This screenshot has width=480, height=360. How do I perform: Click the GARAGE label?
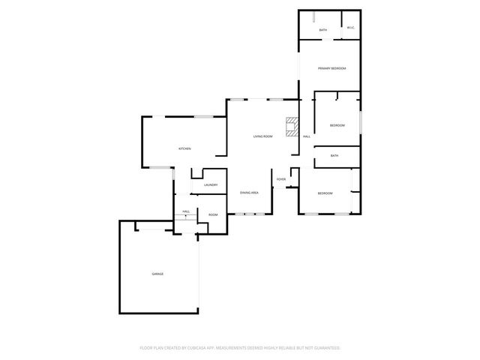coord(157,274)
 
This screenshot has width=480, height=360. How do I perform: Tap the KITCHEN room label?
coord(184,148)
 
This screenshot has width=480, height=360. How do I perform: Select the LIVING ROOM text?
coord(262,136)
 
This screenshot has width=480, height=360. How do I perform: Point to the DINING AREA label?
coord(249,193)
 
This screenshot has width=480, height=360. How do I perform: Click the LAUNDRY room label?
coord(211,185)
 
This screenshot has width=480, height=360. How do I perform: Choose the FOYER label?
coord(281,179)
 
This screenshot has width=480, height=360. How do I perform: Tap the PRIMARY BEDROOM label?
coord(331,68)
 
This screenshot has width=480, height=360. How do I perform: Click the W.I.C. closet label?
coord(350,29)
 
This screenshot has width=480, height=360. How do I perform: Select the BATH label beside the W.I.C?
coord(323,30)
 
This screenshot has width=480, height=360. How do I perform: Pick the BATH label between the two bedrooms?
coord(334,156)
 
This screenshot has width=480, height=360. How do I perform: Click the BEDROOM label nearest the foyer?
coord(325,193)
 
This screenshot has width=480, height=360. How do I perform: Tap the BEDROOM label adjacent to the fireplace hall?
coord(337,125)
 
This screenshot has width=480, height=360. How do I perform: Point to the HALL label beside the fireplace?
coord(306,136)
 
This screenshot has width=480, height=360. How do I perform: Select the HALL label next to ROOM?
coord(185,211)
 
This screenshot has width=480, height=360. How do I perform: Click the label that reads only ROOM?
coord(213,215)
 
